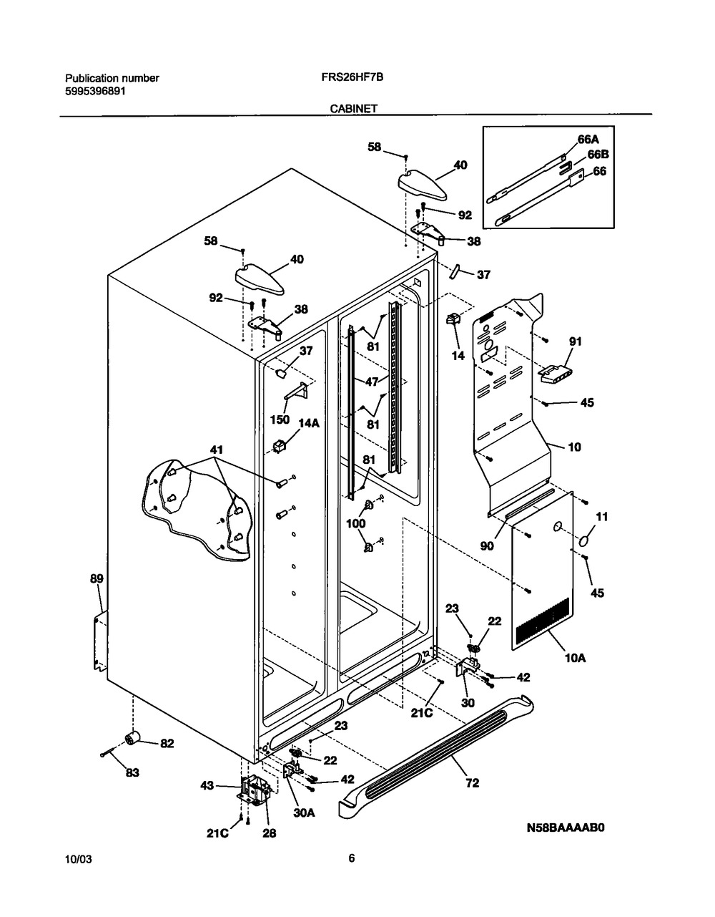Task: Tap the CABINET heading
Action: pyautogui.click(x=353, y=109)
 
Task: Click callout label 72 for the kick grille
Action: pyautogui.click(x=472, y=783)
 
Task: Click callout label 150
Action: pyautogui.click(x=280, y=419)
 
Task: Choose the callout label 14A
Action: pyautogui.click(x=309, y=423)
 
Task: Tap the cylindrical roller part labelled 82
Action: pyautogui.click(x=133, y=739)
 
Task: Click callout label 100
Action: pyautogui.click(x=355, y=523)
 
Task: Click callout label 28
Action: pyautogui.click(x=269, y=833)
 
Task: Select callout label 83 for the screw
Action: pyautogui.click(x=132, y=772)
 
